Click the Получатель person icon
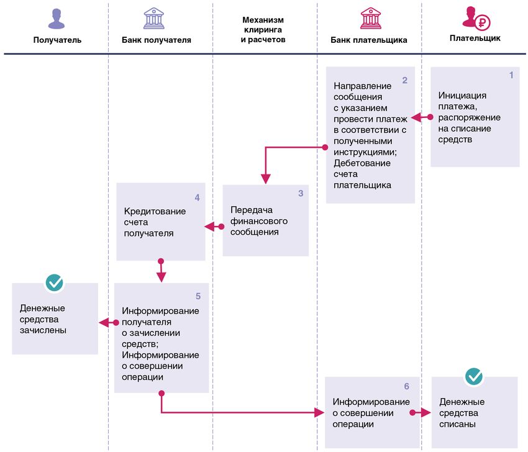pos(57,19)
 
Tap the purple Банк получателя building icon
pos(154,18)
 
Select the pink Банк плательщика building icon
pos(371,18)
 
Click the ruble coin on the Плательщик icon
pos(483,23)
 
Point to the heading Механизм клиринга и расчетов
pos(263,30)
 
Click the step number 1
pos(511,75)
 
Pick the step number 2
pos(405,80)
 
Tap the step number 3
pos(301,193)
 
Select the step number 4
pos(198,197)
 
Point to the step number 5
pos(198,296)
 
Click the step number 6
pos(407,386)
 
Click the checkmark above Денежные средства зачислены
pos(54,282)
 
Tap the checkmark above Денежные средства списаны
pos(474,376)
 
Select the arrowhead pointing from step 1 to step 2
pos(416,117)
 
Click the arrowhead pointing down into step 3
pos(266,179)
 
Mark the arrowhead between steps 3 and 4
pos(209,227)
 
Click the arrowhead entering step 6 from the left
pos(319,412)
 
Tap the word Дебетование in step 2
pos(362,163)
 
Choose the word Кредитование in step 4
pos(155,211)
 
